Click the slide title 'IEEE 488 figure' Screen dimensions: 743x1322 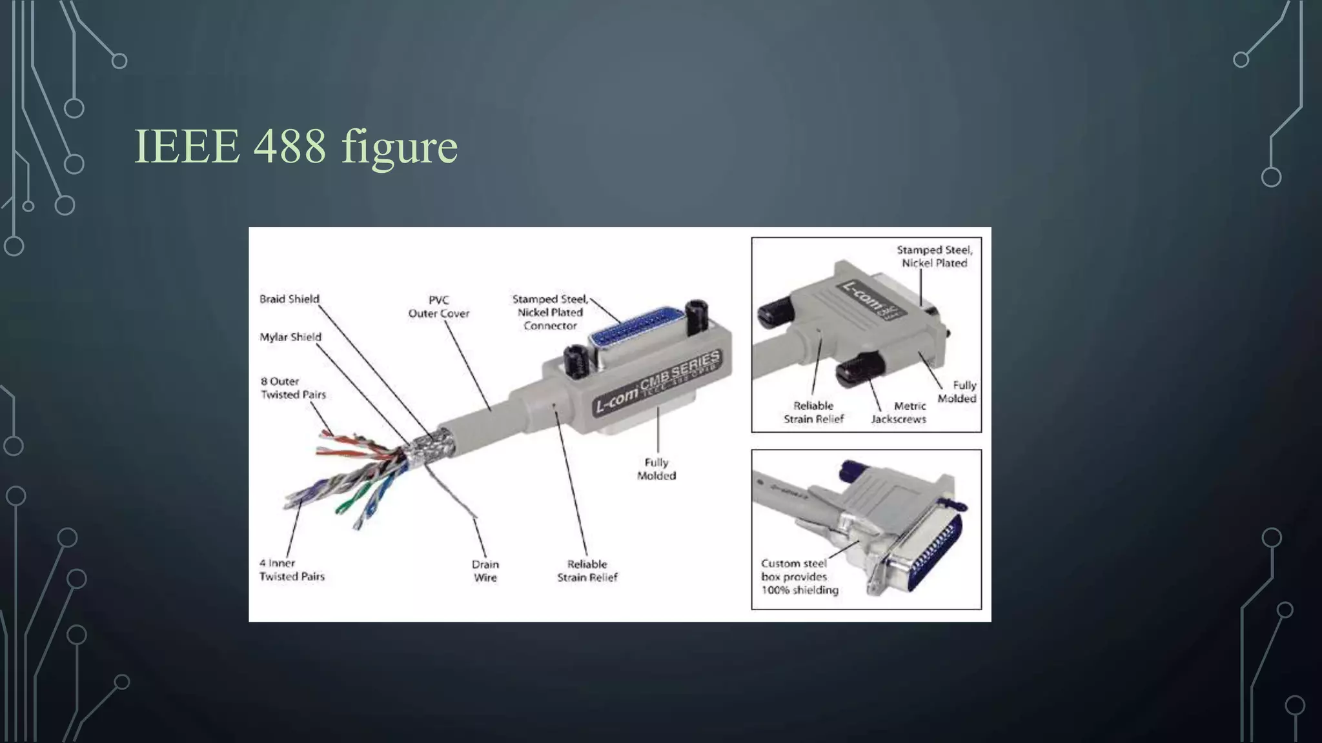pos(296,146)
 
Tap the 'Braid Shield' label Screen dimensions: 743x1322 pos(289,299)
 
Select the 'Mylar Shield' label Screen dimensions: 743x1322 pos(290,337)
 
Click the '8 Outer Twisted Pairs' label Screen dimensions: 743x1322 pos(293,388)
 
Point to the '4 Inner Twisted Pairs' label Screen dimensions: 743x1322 pos(292,570)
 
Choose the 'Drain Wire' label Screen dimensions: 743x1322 pos(485,571)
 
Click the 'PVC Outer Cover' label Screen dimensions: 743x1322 pos(439,306)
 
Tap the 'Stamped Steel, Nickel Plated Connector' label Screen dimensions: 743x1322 pos(550,312)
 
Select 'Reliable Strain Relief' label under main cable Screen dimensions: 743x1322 pos(587,571)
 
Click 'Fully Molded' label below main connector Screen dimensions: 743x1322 pos(656,469)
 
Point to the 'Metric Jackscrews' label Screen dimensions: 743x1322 pos(899,412)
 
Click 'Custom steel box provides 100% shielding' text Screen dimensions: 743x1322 pos(799,577)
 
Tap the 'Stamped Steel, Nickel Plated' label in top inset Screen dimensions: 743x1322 pos(934,256)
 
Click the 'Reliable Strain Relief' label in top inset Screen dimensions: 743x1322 pos(813,412)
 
